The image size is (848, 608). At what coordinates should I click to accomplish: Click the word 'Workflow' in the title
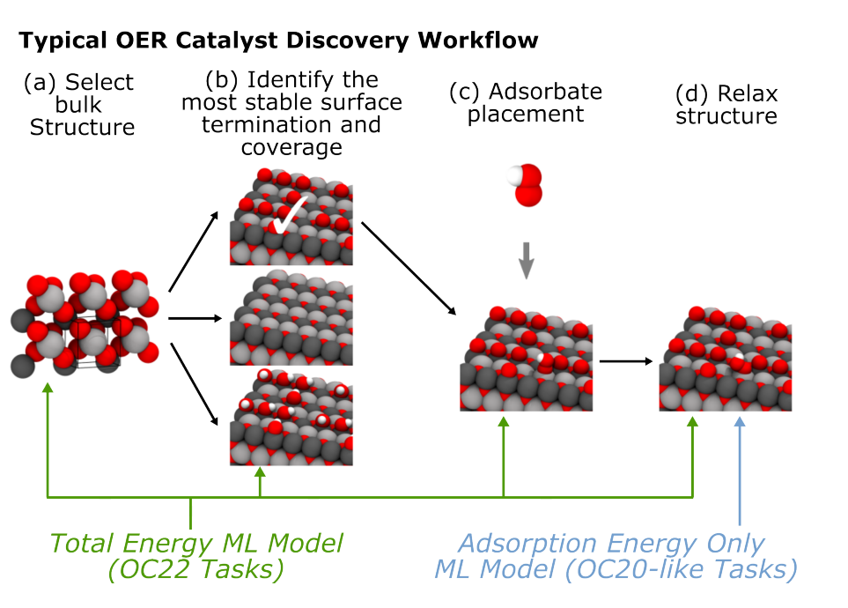click(x=478, y=41)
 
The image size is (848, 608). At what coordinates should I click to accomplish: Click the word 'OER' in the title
click(x=141, y=41)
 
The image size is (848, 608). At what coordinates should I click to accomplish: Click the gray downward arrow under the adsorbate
click(x=527, y=261)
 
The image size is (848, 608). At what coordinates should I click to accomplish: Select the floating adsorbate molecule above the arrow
click(x=526, y=185)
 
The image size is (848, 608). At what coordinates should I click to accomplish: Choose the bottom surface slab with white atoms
click(x=291, y=416)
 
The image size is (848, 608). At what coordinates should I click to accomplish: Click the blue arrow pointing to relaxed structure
click(x=740, y=471)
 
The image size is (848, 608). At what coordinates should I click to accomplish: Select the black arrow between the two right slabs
click(x=626, y=361)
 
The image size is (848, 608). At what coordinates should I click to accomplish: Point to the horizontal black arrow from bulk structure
click(x=195, y=318)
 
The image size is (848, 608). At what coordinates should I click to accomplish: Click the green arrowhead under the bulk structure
click(x=48, y=388)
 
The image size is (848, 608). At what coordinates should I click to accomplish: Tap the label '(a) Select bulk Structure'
click(x=79, y=105)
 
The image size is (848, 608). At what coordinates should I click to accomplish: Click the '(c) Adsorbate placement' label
click(x=526, y=103)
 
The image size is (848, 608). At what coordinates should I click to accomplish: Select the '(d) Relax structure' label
click(x=726, y=105)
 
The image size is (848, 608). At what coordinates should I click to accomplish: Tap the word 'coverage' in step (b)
click(x=291, y=148)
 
